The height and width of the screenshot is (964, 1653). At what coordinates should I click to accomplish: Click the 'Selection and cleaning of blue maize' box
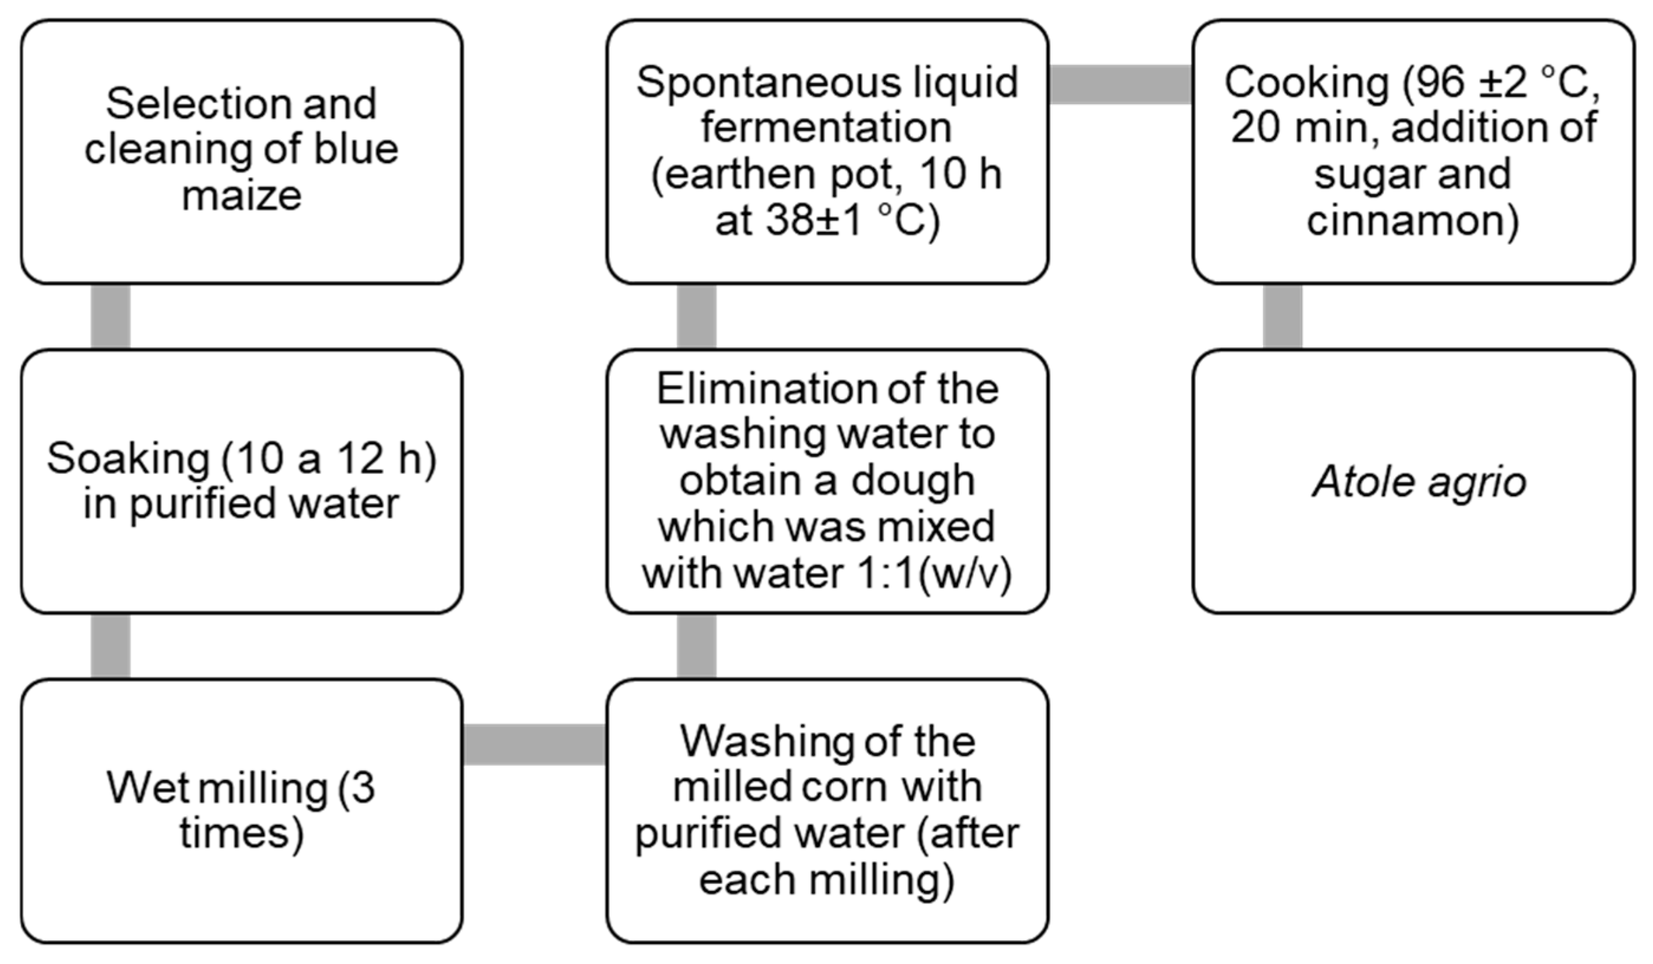242,151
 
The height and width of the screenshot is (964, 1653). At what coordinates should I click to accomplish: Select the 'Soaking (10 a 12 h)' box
242,482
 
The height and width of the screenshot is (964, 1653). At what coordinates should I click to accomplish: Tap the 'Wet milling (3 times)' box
242,811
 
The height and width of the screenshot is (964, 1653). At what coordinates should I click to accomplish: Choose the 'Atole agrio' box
1413,482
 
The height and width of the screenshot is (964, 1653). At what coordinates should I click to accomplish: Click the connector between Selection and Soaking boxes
110,317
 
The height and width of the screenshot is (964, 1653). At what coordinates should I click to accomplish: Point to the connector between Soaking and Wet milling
110,647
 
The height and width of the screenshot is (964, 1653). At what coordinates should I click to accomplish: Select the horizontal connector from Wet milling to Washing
534,744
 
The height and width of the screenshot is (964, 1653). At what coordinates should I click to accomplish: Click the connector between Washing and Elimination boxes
696,647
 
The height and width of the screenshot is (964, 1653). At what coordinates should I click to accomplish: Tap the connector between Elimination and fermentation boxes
696,317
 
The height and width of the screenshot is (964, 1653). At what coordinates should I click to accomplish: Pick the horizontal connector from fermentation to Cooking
1120,84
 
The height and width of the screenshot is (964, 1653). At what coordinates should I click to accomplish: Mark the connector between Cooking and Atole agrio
1283,317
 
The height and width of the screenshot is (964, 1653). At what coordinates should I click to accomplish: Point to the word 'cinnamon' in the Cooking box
1413,221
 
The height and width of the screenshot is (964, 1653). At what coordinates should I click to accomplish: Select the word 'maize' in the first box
242,196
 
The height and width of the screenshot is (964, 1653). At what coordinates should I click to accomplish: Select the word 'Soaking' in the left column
128,458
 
